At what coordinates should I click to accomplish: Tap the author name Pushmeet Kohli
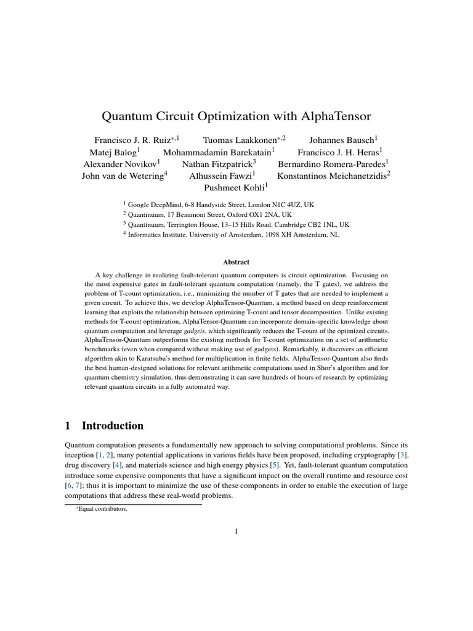point(236,188)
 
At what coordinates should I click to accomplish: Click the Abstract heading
point(236,262)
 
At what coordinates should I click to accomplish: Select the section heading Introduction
point(113,426)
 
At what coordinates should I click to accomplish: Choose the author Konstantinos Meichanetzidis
point(332,176)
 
